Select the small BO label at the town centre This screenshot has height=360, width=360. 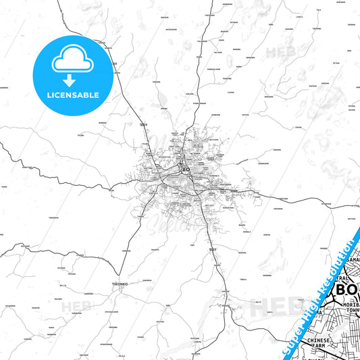(x=186, y=170)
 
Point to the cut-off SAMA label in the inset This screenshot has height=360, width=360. (x=353, y=260)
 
